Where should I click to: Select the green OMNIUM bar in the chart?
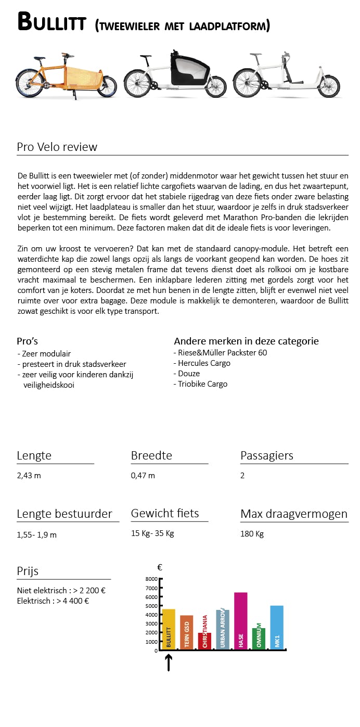[x=259, y=639]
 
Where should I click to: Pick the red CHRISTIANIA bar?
[x=204, y=641]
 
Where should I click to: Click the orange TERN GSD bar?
[x=187, y=632]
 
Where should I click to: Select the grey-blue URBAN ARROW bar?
[x=223, y=629]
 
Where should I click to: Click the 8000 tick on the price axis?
[x=151, y=579]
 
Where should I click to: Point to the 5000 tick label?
[x=151, y=606]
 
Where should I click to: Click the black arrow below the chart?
[x=169, y=662]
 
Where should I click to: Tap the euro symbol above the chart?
[x=160, y=568]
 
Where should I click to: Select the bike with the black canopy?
[x=175, y=74]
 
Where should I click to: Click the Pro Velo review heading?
[x=57, y=147]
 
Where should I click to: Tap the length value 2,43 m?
[x=29, y=476]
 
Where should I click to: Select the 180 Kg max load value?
[x=252, y=534]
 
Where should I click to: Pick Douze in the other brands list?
[x=189, y=374]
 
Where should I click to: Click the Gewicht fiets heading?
[x=165, y=513]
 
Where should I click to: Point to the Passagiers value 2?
[x=242, y=476]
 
